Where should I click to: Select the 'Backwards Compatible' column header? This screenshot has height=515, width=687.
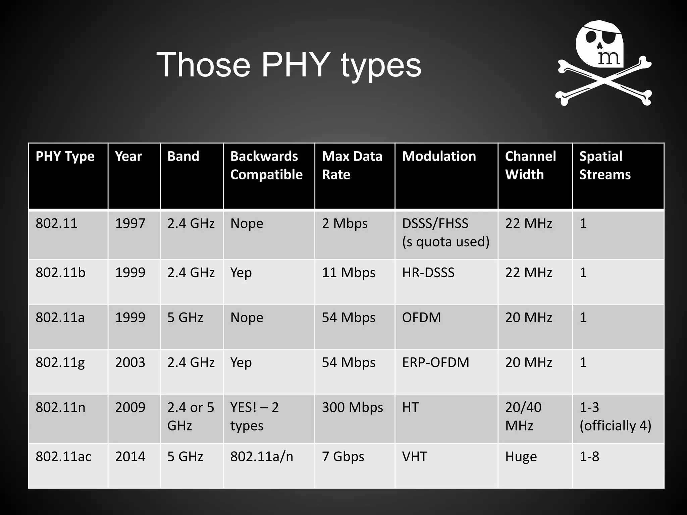click(266, 165)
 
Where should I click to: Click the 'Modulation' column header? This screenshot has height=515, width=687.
click(439, 156)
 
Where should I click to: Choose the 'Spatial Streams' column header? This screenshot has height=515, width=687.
click(605, 165)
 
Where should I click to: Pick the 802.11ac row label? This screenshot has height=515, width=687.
click(63, 457)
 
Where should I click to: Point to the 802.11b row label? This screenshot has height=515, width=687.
click(60, 273)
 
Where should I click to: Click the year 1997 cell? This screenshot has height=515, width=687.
click(130, 223)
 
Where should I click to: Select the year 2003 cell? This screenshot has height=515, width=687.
click(130, 362)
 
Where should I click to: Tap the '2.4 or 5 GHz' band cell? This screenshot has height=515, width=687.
click(191, 416)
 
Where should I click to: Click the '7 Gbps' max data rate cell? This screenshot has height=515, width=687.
click(343, 457)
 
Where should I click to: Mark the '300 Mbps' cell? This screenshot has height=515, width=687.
click(352, 407)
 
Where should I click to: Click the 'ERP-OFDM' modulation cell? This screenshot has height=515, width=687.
click(435, 362)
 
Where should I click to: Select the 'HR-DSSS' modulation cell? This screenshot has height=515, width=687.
click(428, 273)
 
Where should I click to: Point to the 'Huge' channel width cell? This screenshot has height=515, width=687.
click(521, 457)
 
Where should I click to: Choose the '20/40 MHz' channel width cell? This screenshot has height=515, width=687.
click(523, 416)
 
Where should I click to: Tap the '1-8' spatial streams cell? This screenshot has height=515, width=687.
click(589, 457)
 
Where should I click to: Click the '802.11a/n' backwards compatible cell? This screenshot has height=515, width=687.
click(262, 457)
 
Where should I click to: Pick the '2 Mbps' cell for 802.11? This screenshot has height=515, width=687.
click(345, 223)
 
